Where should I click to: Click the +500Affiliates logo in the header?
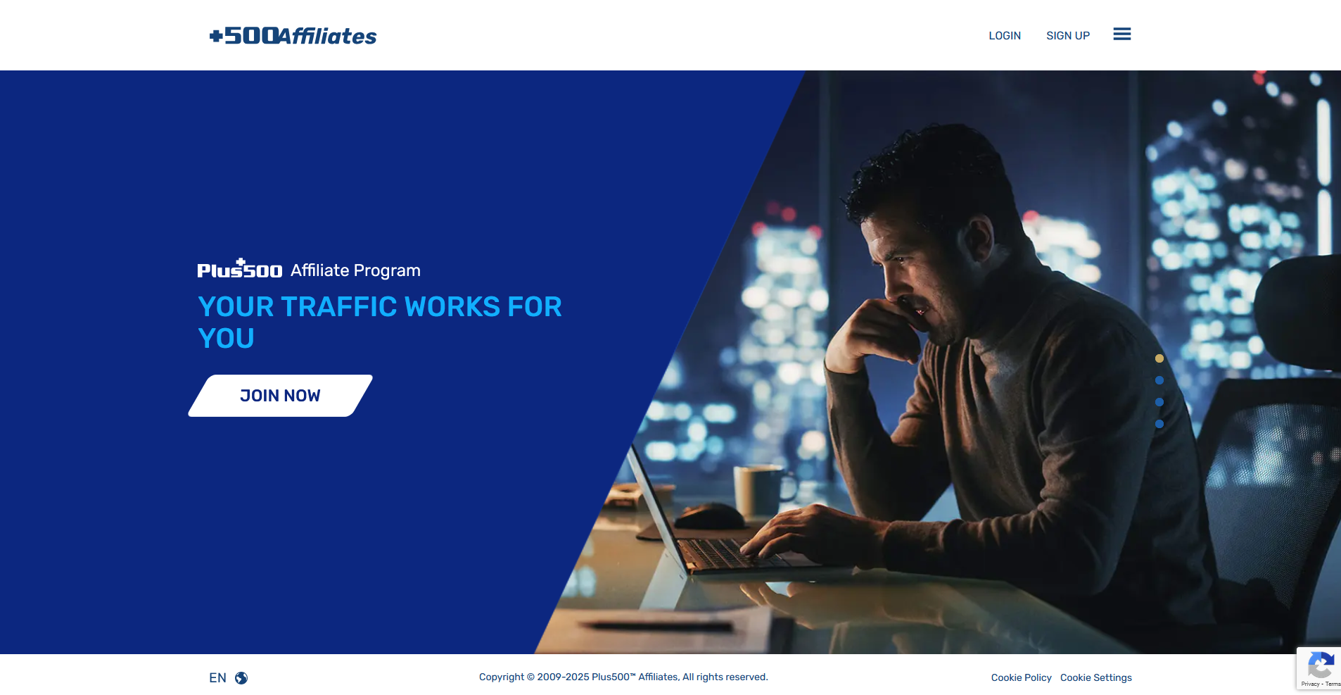click(x=293, y=35)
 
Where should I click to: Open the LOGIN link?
click(x=1005, y=36)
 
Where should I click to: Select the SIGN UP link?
click(x=1068, y=36)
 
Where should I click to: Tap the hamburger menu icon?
click(x=1122, y=34)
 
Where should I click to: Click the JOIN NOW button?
click(x=280, y=396)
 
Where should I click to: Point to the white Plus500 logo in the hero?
click(x=240, y=268)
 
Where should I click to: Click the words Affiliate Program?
click(x=355, y=270)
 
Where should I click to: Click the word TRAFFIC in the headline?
click(x=339, y=307)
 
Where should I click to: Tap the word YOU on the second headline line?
click(x=226, y=339)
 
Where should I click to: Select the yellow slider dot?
click(x=1159, y=358)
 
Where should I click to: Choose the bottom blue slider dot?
click(x=1159, y=424)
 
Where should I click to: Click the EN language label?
click(x=217, y=678)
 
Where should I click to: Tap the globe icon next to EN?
click(x=241, y=678)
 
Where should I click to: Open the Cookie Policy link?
click(x=1022, y=677)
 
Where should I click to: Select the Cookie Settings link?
click(x=1096, y=677)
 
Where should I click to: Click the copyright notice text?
click(x=623, y=677)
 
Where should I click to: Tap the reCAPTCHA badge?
click(x=1318, y=668)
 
